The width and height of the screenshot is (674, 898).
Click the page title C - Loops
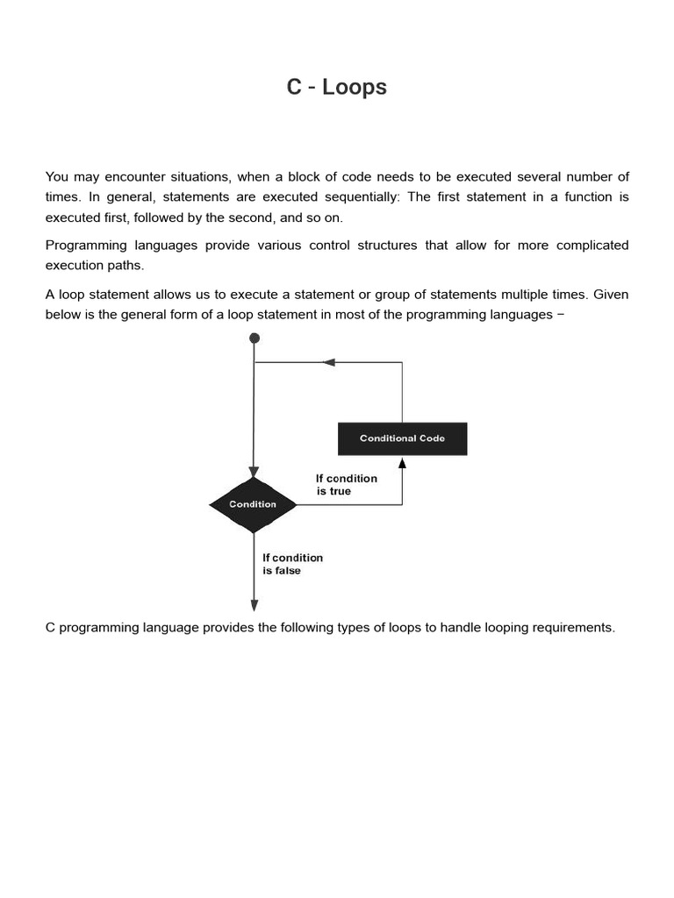tap(336, 88)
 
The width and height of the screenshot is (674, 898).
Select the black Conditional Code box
tap(402, 438)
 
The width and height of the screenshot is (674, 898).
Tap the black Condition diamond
tap(253, 504)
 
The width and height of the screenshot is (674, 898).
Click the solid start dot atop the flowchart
tap(255, 338)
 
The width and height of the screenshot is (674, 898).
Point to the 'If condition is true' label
tap(346, 485)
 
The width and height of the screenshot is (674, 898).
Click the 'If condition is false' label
tap(292, 564)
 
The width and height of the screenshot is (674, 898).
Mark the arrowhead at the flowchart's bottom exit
tap(255, 605)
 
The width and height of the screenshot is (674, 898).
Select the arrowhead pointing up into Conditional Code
tap(402, 463)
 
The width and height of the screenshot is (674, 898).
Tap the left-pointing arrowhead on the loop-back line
tap(329, 362)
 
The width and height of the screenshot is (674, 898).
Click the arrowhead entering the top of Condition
tap(254, 472)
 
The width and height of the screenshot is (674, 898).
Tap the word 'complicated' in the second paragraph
tap(588, 246)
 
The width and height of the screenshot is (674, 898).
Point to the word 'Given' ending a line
tap(611, 294)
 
